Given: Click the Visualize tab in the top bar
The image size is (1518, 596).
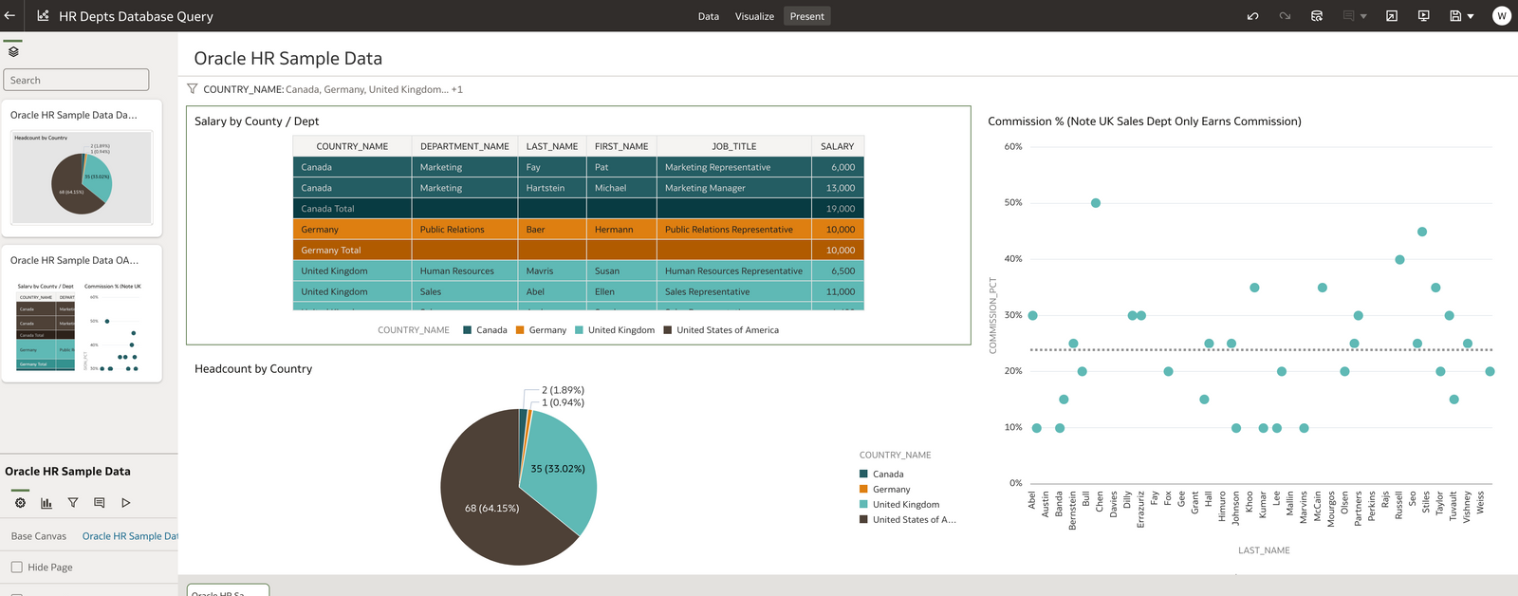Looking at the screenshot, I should pyautogui.click(x=754, y=16).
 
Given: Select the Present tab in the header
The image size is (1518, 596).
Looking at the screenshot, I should pyautogui.click(x=806, y=16).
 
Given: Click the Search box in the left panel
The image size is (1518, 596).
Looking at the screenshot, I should pyautogui.click(x=76, y=80).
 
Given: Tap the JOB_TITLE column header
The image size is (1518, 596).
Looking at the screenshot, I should pyautogui.click(x=733, y=146).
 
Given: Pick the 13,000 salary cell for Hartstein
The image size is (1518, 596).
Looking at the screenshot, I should pyautogui.click(x=840, y=188).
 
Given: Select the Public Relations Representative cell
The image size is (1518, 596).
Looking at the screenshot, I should pyautogui.click(x=729, y=230).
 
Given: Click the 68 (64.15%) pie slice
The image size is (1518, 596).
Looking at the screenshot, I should pyautogui.click(x=491, y=508).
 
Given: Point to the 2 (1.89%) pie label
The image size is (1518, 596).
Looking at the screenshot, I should pyautogui.click(x=563, y=390).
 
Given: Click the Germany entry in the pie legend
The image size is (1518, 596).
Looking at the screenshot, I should pyautogui.click(x=891, y=490).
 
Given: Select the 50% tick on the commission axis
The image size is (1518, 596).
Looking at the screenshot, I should pyautogui.click(x=1013, y=203).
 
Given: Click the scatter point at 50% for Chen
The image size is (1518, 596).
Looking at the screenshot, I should pyautogui.click(x=1096, y=203).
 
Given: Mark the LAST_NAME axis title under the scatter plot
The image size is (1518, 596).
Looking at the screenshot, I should pyautogui.click(x=1264, y=550).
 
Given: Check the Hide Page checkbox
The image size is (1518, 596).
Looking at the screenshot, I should pyautogui.click(x=17, y=568).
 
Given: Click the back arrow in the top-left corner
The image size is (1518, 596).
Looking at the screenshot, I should pyautogui.click(x=10, y=16).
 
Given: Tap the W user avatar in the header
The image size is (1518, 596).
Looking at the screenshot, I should pyautogui.click(x=1501, y=16).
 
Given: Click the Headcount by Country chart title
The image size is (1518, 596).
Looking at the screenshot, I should pyautogui.click(x=253, y=369).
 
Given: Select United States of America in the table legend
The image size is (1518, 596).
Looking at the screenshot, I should pyautogui.click(x=727, y=330).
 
